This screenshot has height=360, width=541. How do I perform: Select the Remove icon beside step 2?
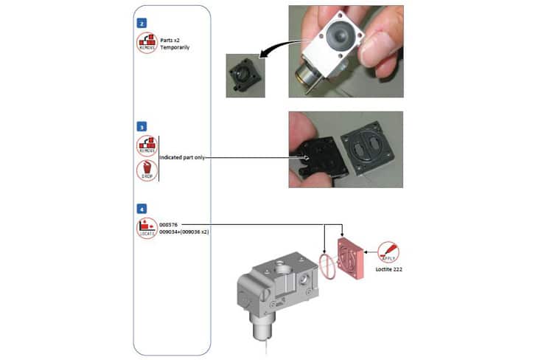click(147, 42)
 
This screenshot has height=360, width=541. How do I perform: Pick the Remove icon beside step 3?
click(147, 145)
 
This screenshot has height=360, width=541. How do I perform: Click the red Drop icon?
click(147, 170)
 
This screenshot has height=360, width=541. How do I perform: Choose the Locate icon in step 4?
click(147, 227)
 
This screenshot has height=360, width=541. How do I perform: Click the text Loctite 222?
click(388, 270)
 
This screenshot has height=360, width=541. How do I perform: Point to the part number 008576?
click(170, 223)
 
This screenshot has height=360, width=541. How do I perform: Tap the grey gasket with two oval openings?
click(371, 148)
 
